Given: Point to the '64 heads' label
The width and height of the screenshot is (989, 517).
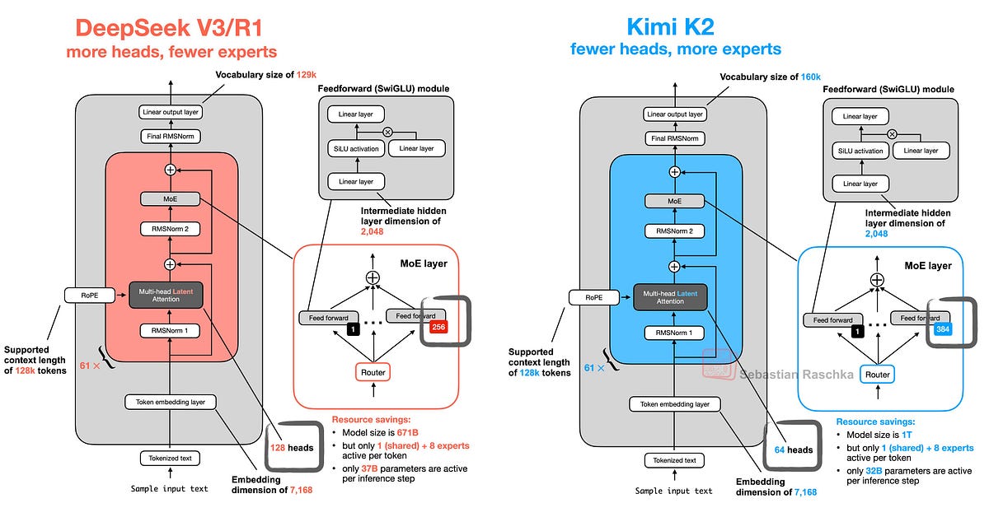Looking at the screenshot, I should [x=794, y=449].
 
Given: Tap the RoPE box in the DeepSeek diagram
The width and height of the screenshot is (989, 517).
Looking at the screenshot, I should [x=87, y=295].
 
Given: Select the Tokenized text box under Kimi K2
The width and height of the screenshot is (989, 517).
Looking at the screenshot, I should [x=674, y=460].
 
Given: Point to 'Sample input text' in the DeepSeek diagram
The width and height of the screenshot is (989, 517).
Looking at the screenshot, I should [x=170, y=489].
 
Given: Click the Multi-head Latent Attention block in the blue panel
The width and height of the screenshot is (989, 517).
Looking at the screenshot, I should [x=674, y=296].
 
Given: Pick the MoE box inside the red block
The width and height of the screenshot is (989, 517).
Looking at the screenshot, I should [x=170, y=199].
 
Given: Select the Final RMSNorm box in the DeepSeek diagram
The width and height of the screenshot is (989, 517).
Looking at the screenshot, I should [x=170, y=137].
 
